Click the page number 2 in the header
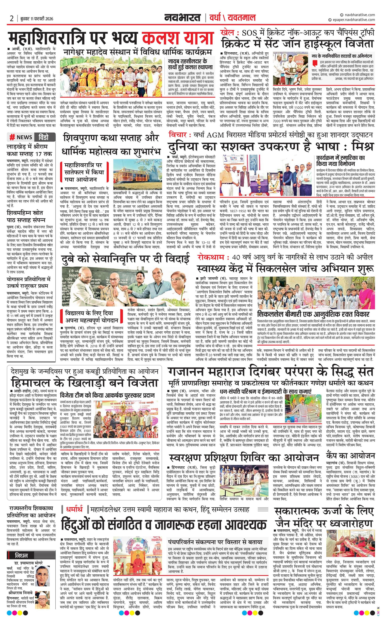tap(12, 19)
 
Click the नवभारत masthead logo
tap(182, 18)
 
